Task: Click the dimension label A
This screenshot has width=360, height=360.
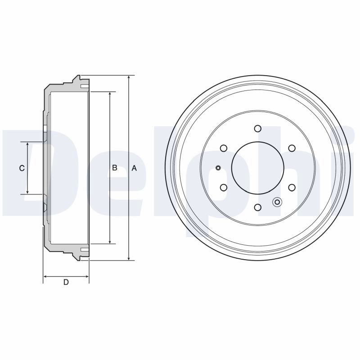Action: pyautogui.click(x=134, y=168)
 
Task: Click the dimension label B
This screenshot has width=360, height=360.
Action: pyautogui.click(x=115, y=168)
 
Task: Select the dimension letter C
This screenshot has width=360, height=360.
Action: pyautogui.click(x=22, y=168)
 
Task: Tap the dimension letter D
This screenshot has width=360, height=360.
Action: pyautogui.click(x=66, y=282)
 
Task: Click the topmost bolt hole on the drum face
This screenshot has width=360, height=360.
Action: pyautogui.click(x=258, y=128)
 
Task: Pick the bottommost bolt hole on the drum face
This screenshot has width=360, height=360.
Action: pyautogui.click(x=258, y=207)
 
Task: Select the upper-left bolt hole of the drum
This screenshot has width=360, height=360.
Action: pyautogui.click(x=224, y=148)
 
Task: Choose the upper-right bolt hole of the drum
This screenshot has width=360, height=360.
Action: pyautogui.click(x=292, y=148)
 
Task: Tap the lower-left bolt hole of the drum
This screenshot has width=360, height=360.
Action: pyautogui.click(x=224, y=188)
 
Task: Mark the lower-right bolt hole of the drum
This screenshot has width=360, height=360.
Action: pyautogui.click(x=292, y=188)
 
